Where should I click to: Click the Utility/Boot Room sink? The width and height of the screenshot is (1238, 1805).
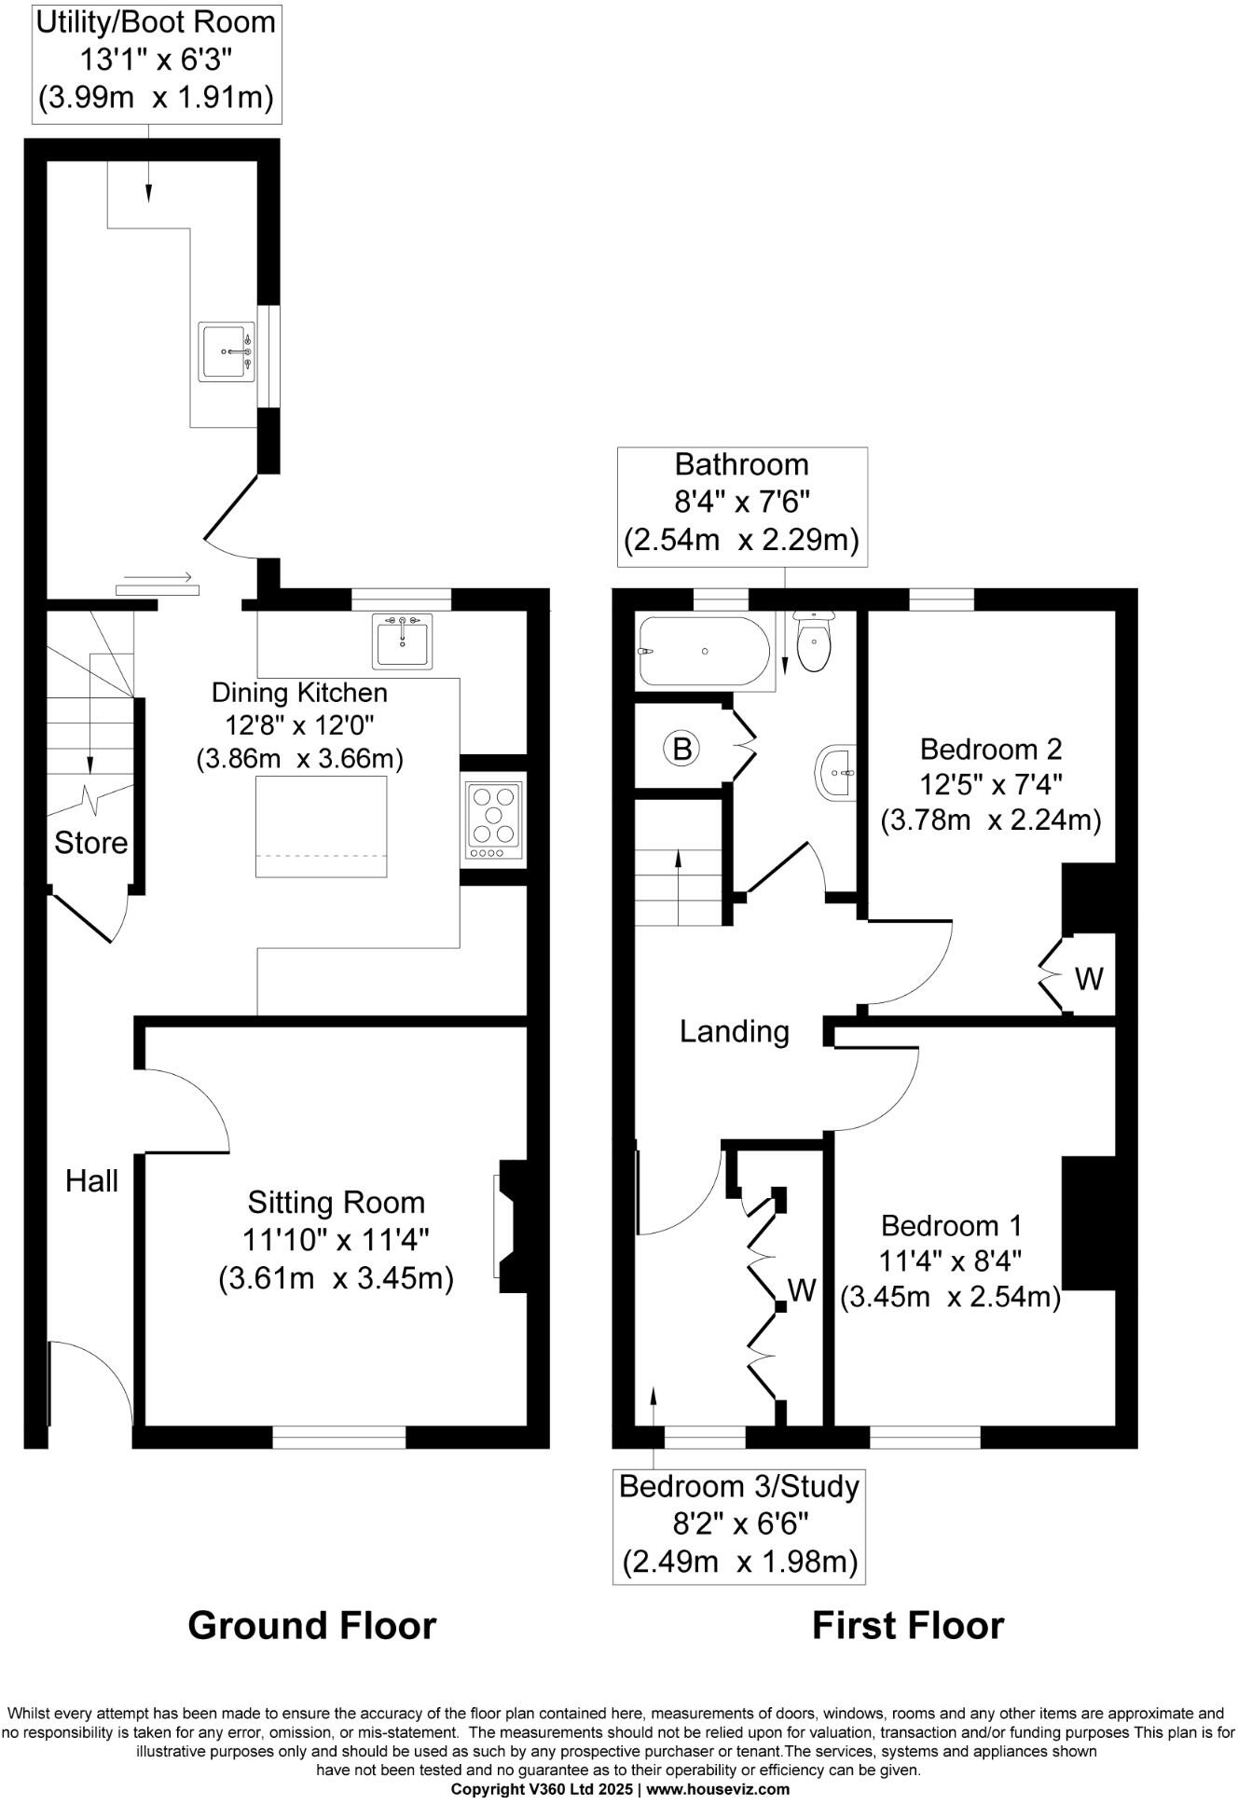pyautogui.click(x=226, y=351)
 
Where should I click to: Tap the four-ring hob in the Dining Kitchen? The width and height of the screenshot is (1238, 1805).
pyautogui.click(x=494, y=820)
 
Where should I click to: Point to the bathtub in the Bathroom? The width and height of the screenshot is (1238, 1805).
pyautogui.click(x=704, y=651)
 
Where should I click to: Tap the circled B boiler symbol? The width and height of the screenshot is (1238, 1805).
pyautogui.click(x=681, y=748)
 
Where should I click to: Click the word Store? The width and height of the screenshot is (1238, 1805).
pyautogui.click(x=90, y=843)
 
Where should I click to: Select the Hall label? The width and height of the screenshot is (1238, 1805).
pyautogui.click(x=91, y=1181)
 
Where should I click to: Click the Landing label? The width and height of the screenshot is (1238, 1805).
pyautogui.click(x=734, y=1031)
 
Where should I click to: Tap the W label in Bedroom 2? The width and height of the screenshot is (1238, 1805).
pyautogui.click(x=1089, y=978)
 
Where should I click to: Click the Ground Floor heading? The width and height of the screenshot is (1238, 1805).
pyautogui.click(x=311, y=1625)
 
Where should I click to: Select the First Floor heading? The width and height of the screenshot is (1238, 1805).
pyautogui.click(x=907, y=1625)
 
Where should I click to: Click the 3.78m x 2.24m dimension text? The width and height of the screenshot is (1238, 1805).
pyautogui.click(x=991, y=820)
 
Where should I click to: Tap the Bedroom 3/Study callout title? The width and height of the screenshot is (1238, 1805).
pyautogui.click(x=738, y=1486)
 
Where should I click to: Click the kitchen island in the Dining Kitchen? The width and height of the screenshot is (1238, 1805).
pyautogui.click(x=322, y=826)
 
